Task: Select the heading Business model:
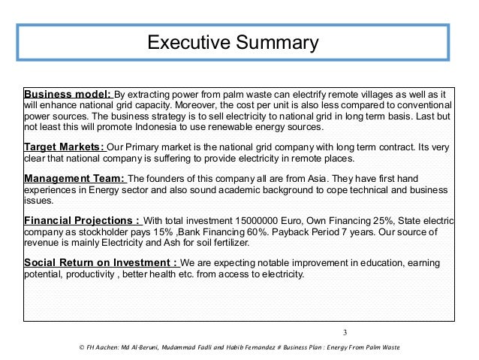[x=68, y=94]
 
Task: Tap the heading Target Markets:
[x=65, y=147]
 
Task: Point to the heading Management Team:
[x=75, y=179]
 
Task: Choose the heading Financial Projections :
[x=82, y=221]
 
